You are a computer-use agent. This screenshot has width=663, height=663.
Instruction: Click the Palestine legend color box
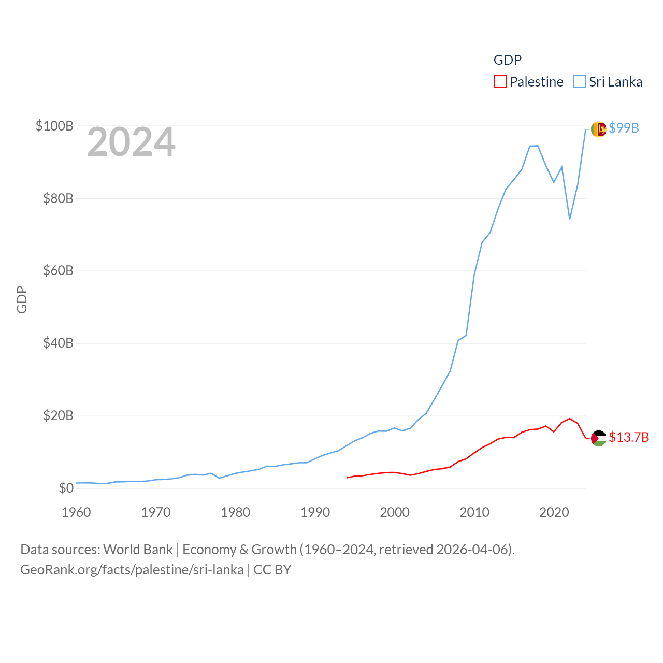pos(500,82)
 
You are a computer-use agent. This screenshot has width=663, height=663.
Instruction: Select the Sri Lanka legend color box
pos(579,82)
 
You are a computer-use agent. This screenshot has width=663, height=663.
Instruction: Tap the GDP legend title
pos(507,60)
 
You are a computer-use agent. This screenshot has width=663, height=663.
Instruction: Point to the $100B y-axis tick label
pos(54,126)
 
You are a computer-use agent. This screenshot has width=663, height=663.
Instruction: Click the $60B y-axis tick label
pos(58,270)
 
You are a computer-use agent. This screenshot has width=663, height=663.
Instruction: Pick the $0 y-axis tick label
pos(66,488)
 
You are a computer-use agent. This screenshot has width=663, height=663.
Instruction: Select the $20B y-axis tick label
pos(58,415)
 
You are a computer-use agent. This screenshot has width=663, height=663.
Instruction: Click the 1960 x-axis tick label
pos(76,512)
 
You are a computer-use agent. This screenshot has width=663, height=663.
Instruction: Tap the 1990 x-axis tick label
pos(315,512)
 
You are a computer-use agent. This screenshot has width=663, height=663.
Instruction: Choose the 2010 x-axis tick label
pos(474,512)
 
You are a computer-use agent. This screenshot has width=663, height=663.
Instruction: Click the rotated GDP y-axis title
pos(22,299)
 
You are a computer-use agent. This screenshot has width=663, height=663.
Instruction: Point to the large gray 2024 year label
pos(131,142)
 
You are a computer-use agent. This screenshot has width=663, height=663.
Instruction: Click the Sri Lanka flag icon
pos(598,129)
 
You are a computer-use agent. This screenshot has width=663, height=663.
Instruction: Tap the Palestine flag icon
pos(598,438)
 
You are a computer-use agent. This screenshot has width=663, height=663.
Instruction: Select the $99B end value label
pos(624,128)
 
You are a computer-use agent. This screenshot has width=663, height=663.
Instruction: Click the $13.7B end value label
pos(629,437)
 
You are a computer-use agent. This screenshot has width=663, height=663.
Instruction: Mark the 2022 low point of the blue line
pos(570,219)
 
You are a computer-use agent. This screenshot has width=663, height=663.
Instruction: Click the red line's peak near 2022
pos(570,419)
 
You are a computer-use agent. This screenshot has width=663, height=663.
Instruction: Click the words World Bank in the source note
pos(138,549)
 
